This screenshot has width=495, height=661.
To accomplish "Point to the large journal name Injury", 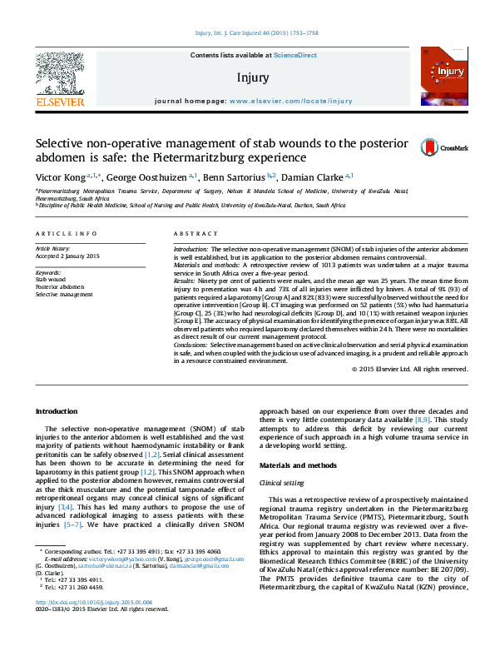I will (253, 77).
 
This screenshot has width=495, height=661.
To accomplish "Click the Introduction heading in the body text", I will (56, 412).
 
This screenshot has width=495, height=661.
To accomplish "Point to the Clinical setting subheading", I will (283, 482).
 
